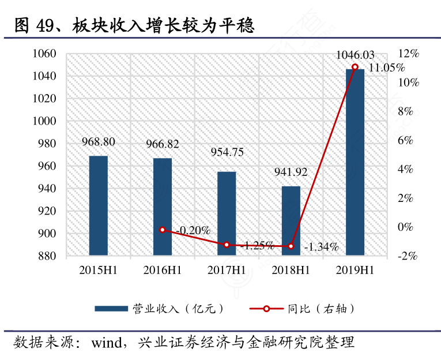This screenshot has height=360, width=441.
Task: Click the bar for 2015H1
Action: [99, 205]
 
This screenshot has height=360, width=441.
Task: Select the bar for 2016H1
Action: [163, 207]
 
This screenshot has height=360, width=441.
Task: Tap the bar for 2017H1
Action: [227, 213]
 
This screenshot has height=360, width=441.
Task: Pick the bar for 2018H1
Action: [291, 220]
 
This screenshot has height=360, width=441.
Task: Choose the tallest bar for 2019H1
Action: [355, 162]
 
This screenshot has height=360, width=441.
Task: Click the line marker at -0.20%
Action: [163, 230]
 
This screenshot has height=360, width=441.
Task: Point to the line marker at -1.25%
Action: [227, 245]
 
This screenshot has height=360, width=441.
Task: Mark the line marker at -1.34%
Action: [291, 246]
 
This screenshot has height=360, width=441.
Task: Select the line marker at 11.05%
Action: [355, 67]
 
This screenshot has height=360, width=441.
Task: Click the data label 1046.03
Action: [355, 55]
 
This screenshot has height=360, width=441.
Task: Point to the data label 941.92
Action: [291, 172]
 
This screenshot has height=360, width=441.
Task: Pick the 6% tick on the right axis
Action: [408, 140]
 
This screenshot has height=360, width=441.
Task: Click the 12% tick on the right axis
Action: [408, 54]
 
